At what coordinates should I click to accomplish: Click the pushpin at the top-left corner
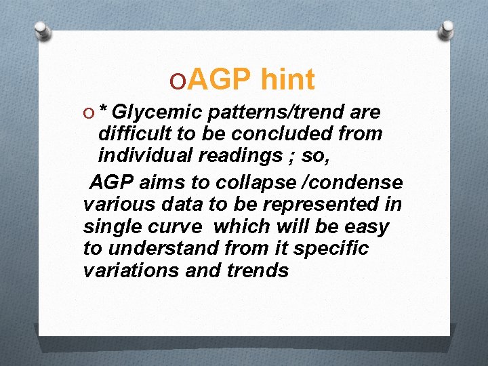point(42,30)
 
